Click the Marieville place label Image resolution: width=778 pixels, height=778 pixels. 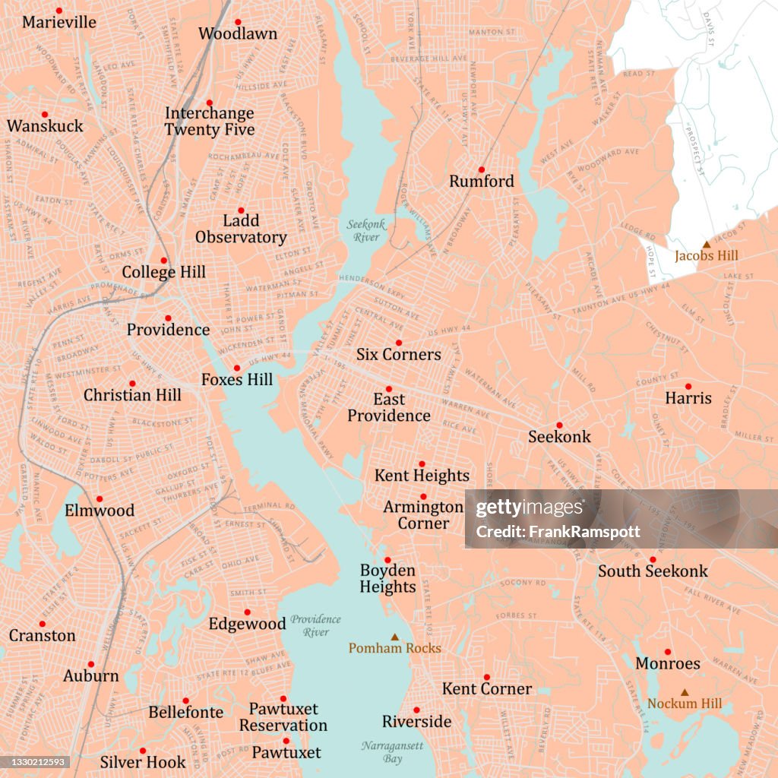coord(59,23)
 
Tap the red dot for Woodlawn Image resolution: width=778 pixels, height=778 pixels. coord(237,22)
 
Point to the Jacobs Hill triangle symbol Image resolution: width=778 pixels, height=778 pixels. coord(707,244)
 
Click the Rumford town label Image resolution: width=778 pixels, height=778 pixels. coord(482,182)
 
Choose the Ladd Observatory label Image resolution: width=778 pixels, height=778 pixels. coord(241,229)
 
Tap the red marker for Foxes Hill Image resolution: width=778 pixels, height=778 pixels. coord(237,368)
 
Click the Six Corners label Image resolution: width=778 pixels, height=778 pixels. coord(398,355)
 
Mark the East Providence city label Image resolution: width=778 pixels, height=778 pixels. coord(389,407)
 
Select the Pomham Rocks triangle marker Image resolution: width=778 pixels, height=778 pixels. coord(394,637)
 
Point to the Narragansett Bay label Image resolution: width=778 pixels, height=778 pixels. coord(392,752)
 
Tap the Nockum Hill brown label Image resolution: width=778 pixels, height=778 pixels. coord(685,704)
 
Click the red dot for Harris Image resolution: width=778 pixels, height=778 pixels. coord(688,386)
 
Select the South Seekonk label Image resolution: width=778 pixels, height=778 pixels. coord(653,571)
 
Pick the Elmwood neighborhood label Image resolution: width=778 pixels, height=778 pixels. coord(100,511)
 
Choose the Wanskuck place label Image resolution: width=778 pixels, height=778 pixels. coord(45,126)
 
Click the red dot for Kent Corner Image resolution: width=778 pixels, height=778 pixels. coord(486,677)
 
